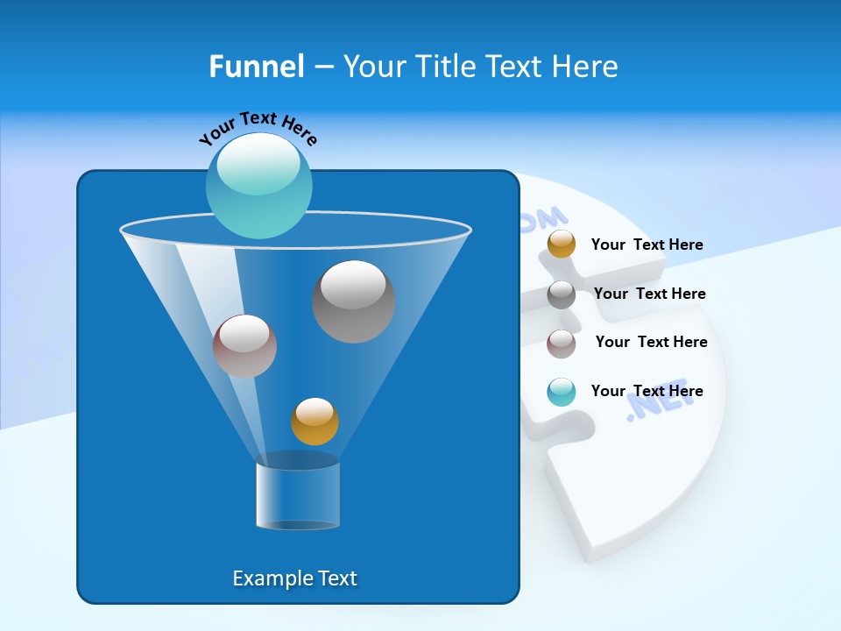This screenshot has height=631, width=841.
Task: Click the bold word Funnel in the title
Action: (x=257, y=67)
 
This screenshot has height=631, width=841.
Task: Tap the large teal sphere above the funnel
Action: (x=258, y=187)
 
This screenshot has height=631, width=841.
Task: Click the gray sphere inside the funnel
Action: (x=353, y=301)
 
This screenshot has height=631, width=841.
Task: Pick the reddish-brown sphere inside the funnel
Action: (x=244, y=346)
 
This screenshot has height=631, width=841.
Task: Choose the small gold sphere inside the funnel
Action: (x=314, y=422)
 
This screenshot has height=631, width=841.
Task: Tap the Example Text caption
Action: (x=294, y=578)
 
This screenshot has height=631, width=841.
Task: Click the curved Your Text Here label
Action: (x=258, y=127)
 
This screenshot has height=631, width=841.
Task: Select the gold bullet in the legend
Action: (x=562, y=245)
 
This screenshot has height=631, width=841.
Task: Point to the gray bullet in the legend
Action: (x=562, y=294)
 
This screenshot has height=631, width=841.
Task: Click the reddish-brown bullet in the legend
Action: (x=562, y=344)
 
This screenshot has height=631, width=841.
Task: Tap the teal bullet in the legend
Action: (x=562, y=392)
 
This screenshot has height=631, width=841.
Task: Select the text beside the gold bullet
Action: (x=647, y=245)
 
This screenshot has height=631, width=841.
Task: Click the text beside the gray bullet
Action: (x=649, y=294)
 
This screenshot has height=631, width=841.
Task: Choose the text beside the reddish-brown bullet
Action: (x=651, y=343)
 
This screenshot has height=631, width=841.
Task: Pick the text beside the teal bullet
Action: (x=647, y=392)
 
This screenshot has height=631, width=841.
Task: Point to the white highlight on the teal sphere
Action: (x=258, y=164)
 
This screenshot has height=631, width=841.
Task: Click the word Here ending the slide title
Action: (x=586, y=67)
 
